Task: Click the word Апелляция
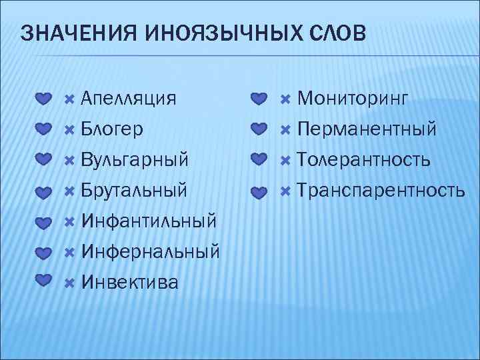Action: [129, 99]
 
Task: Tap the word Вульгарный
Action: [134, 160]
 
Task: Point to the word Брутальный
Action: [133, 191]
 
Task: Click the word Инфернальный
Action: [150, 252]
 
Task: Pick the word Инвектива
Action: [129, 283]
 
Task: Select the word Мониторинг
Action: [352, 99]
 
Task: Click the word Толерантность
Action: [363, 160]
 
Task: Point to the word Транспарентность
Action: [381, 191]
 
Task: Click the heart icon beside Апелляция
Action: [43, 99]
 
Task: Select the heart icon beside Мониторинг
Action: [259, 99]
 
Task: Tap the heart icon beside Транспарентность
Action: [259, 192]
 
